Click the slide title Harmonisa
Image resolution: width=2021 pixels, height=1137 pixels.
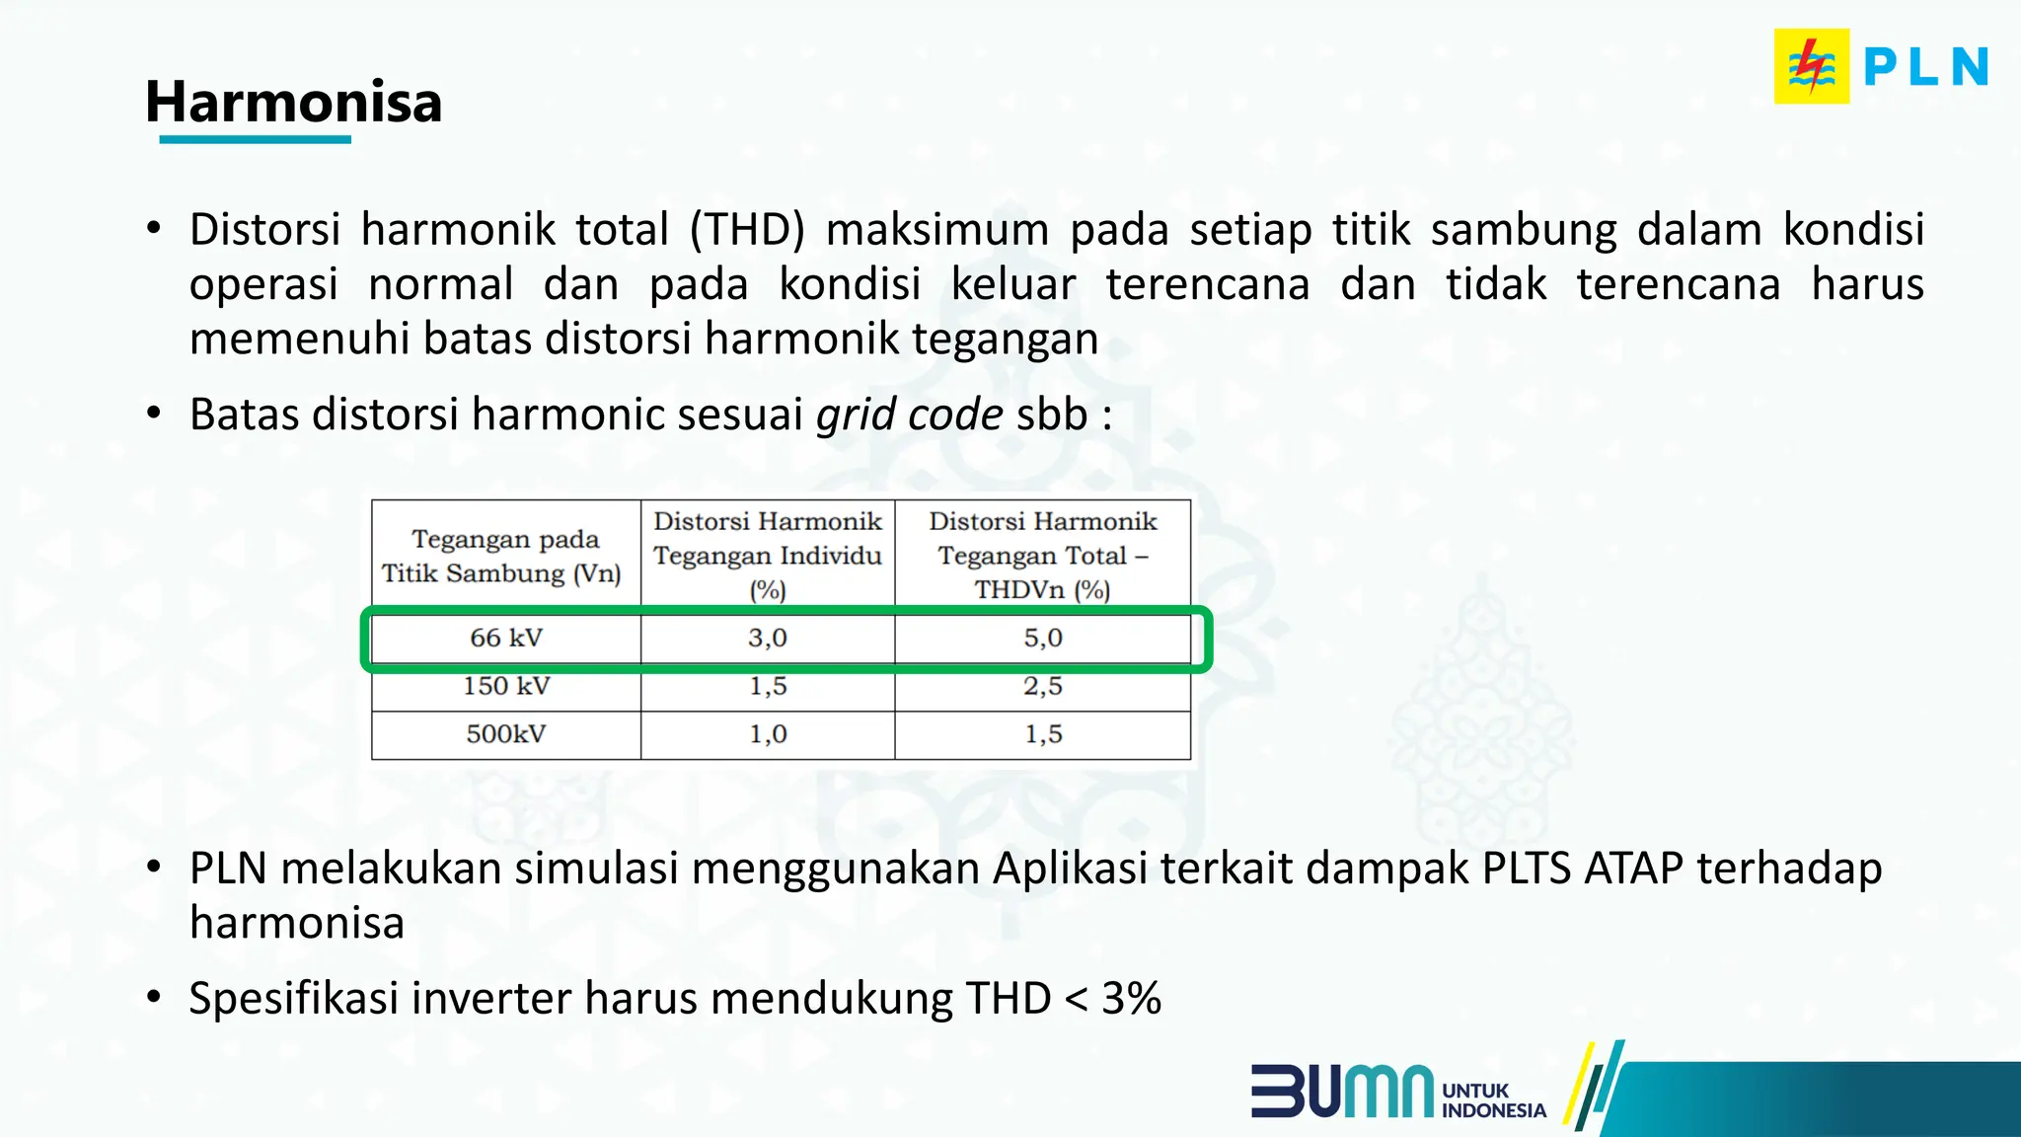pyautogui.click(x=293, y=102)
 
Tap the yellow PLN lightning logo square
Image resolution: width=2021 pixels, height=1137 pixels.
pyautogui.click(x=1811, y=66)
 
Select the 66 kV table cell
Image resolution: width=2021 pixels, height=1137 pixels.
pyautogui.click(x=505, y=638)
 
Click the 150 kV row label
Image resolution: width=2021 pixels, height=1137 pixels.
pyautogui.click(x=505, y=686)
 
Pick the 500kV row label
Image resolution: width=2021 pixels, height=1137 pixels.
pyautogui.click(x=505, y=734)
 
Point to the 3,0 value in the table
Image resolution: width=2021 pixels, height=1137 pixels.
pyautogui.click(x=767, y=638)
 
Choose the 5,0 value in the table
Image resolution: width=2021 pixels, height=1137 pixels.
pyautogui.click(x=1042, y=638)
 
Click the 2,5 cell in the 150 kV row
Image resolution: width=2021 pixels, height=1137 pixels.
pyautogui.click(x=1042, y=686)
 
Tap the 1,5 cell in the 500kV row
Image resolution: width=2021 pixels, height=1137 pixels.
pyautogui.click(x=1042, y=734)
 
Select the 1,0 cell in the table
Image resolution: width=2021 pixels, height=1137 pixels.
pyautogui.click(x=767, y=734)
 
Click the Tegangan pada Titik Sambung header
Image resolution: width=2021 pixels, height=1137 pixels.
pyautogui.click(x=501, y=556)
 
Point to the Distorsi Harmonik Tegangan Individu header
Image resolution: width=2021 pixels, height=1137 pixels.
pyautogui.click(x=767, y=555)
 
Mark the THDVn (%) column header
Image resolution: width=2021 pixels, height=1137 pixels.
pyautogui.click(x=1042, y=555)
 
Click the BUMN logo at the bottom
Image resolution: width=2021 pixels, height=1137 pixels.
pyautogui.click(x=1342, y=1091)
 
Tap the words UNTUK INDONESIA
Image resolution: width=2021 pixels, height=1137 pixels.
pyautogui.click(x=1492, y=1100)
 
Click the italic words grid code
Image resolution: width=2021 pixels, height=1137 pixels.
pyautogui.click(x=909, y=415)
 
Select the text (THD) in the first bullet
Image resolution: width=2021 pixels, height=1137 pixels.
pyautogui.click(x=746, y=230)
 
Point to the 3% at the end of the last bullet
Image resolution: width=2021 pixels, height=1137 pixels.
pyautogui.click(x=1131, y=998)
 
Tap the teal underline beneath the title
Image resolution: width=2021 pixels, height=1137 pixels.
pyautogui.click(x=255, y=140)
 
